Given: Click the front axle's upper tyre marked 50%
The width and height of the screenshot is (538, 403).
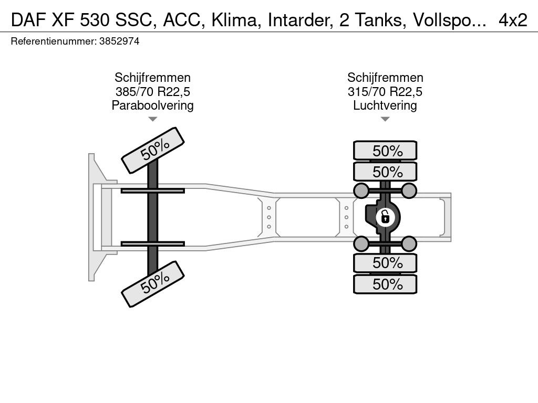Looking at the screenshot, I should [153, 150].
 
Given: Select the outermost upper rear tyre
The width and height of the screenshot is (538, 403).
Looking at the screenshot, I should [385, 151].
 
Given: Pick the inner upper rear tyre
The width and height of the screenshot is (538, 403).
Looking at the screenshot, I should [385, 172].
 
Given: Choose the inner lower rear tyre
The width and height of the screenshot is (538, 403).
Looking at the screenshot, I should [385, 262].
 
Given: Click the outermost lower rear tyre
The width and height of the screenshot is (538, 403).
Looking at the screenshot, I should [385, 284].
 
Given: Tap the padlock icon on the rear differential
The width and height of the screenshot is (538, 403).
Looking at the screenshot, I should [385, 216].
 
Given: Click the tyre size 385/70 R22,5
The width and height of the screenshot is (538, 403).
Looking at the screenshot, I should [152, 92].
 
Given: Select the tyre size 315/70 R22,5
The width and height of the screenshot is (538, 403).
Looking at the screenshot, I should [385, 92].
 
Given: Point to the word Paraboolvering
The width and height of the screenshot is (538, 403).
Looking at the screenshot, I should [152, 105].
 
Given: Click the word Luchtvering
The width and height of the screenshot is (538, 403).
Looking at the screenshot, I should [385, 105].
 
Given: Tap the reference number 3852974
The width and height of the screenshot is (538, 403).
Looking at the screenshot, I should [119, 42].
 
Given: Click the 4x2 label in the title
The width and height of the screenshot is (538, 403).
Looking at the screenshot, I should [513, 20].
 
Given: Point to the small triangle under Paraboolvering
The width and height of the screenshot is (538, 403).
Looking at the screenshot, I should [152, 119].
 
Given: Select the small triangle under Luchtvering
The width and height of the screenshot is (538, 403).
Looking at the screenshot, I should [385, 119].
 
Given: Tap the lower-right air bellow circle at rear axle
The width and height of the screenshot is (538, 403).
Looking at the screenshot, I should [409, 243].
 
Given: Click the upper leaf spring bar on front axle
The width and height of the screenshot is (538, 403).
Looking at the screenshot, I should [152, 190].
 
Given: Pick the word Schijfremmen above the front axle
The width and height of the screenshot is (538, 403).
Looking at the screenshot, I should [152, 78].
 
